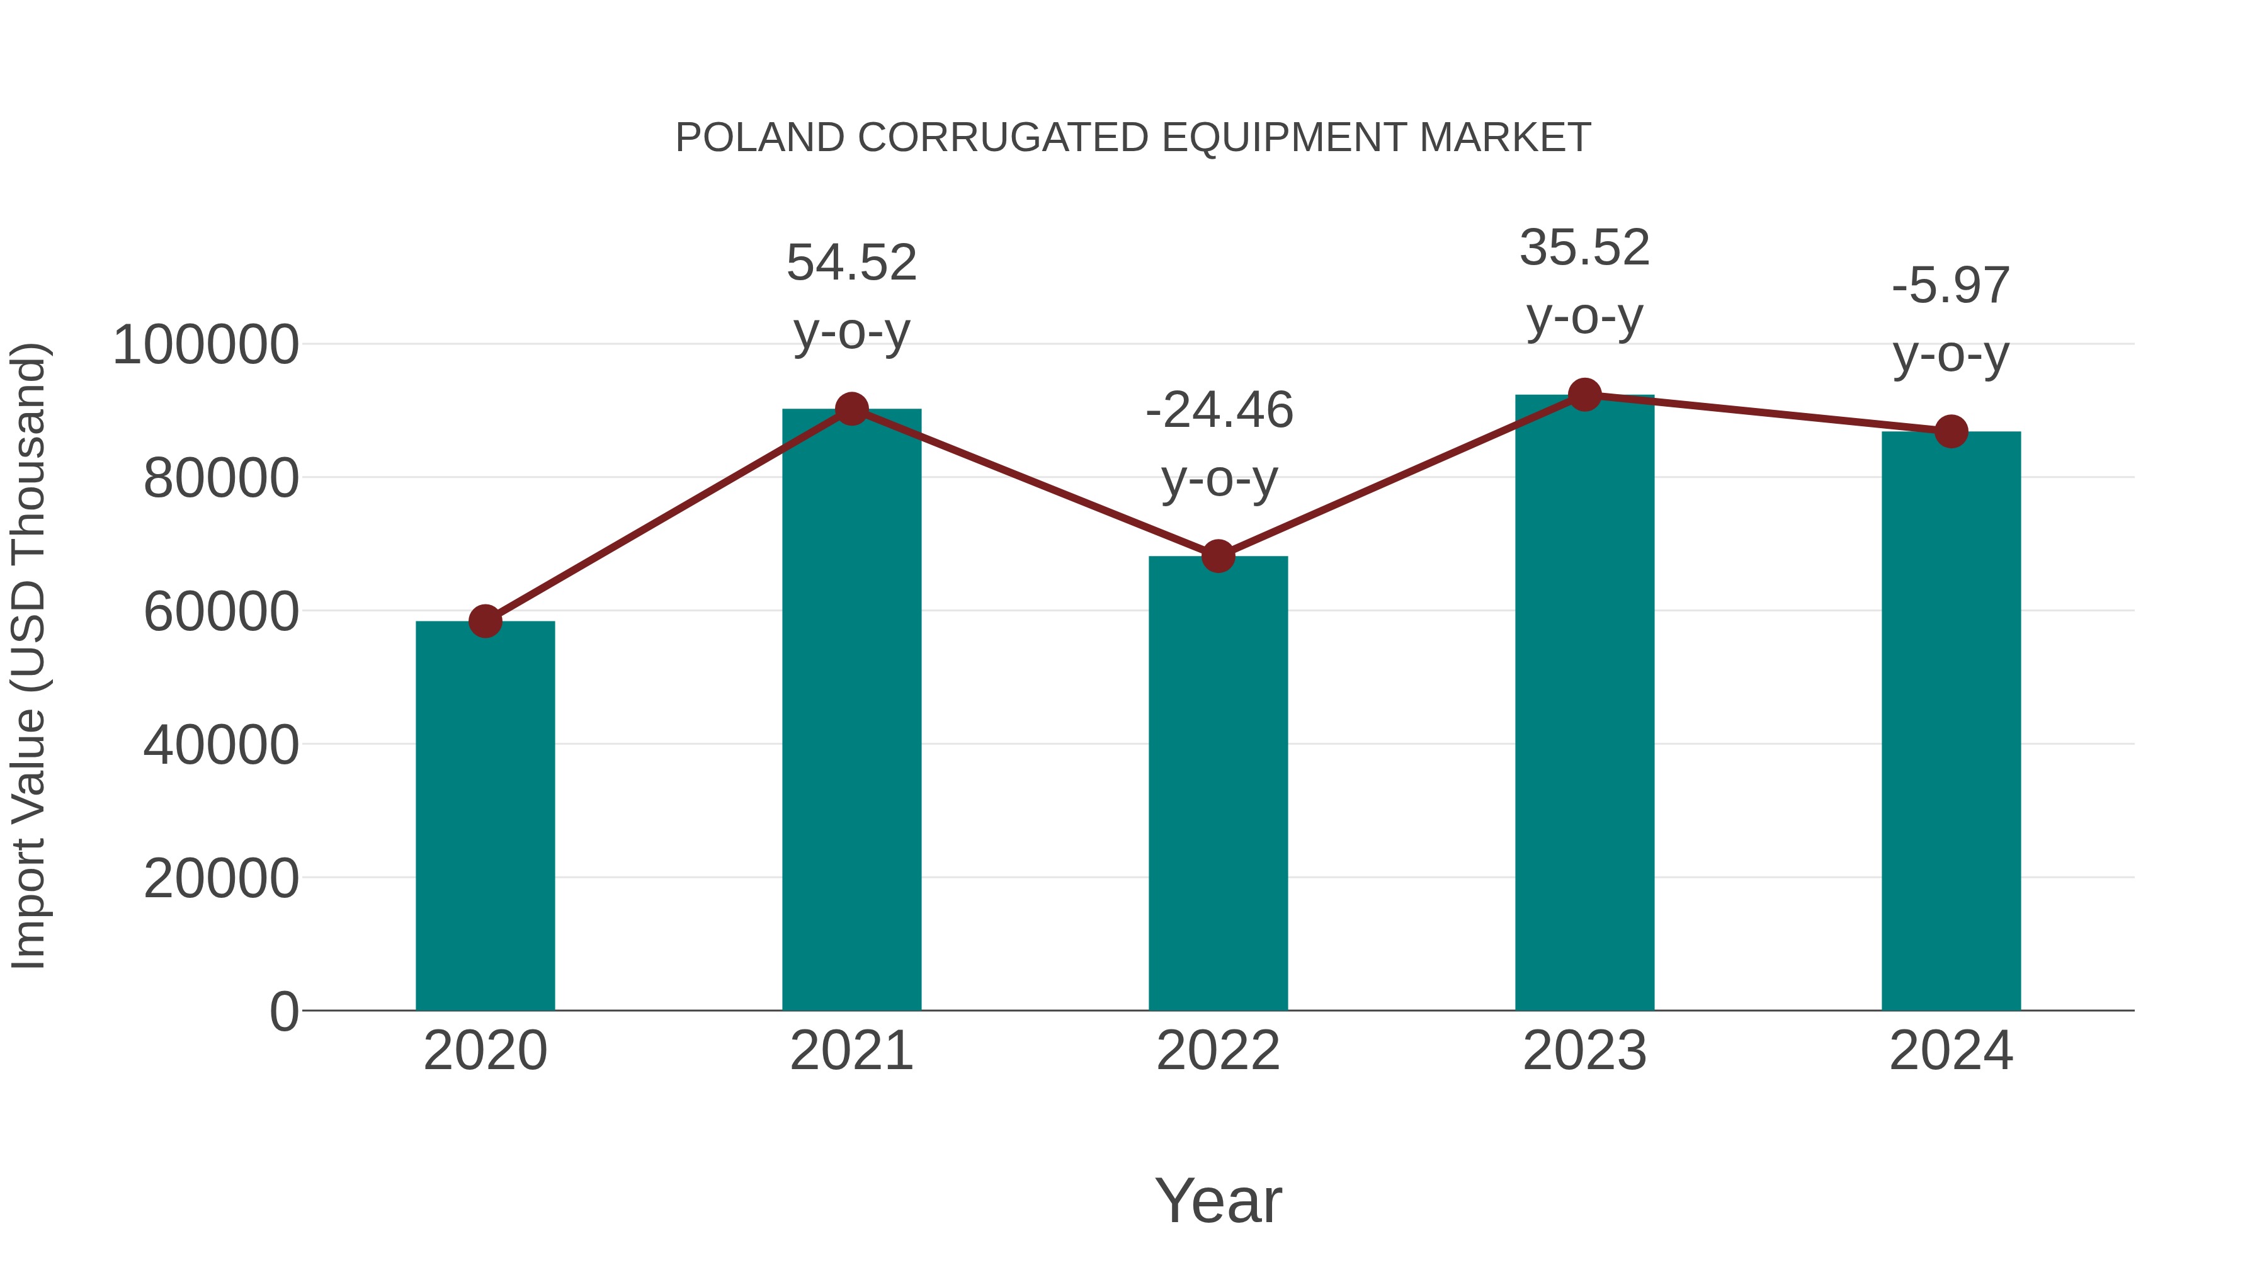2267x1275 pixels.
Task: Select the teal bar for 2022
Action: coord(1218,783)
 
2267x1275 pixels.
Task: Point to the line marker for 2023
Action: coord(1584,395)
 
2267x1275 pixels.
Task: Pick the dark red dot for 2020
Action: coord(485,621)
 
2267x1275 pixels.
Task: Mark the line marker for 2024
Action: coord(1951,431)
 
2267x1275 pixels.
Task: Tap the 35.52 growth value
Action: coord(1584,248)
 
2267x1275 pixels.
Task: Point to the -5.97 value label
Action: coord(1951,286)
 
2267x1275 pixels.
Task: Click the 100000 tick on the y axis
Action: coord(206,345)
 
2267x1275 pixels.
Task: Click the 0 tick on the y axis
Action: coord(283,1012)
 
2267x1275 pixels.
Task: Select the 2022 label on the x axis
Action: coord(1218,1051)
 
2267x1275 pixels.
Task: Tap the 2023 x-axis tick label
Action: coord(1584,1051)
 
